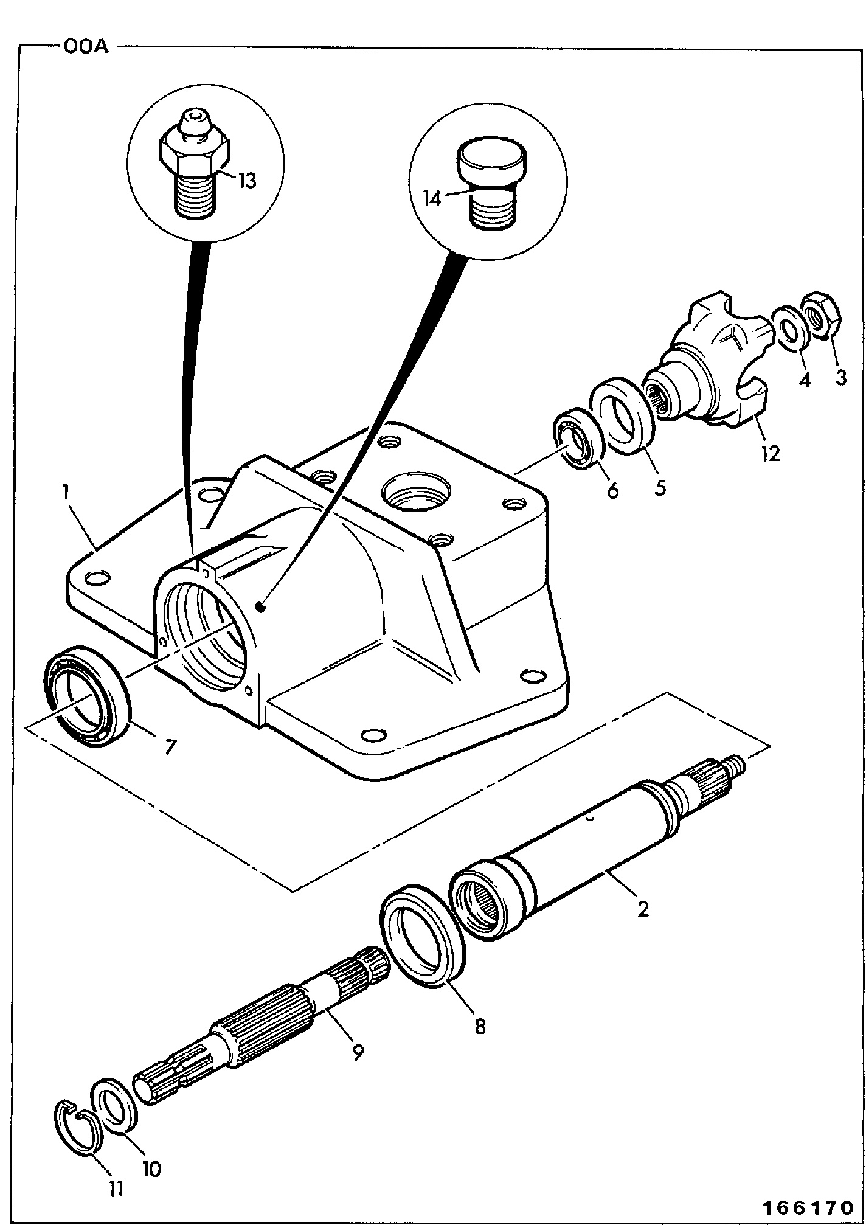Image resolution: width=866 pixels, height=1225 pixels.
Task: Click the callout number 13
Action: [x=246, y=181]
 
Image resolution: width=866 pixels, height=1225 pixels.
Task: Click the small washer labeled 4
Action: [x=791, y=330]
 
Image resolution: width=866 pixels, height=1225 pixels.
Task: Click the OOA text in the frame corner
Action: [x=85, y=47]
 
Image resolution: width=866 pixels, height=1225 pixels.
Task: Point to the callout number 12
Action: [x=770, y=454]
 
